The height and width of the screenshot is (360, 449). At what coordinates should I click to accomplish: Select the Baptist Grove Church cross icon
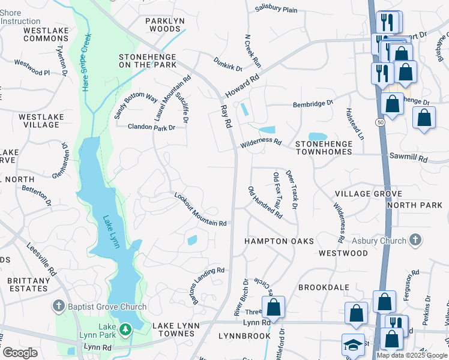(x=58, y=307)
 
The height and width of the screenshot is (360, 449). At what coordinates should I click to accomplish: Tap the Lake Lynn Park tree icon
(x=125, y=329)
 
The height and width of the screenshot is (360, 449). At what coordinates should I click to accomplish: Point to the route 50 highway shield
(x=381, y=122)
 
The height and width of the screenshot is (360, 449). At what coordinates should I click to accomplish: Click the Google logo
(x=19, y=353)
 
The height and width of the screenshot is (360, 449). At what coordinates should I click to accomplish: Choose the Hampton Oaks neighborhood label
(x=279, y=241)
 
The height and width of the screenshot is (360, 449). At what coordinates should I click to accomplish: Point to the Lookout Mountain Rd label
(x=200, y=209)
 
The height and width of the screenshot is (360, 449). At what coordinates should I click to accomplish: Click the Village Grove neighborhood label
(x=368, y=194)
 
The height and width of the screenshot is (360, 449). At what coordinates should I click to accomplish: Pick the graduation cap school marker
(x=353, y=345)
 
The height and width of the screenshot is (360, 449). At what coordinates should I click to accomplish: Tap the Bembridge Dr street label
(x=313, y=104)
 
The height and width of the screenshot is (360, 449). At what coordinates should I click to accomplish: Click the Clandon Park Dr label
(x=151, y=127)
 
